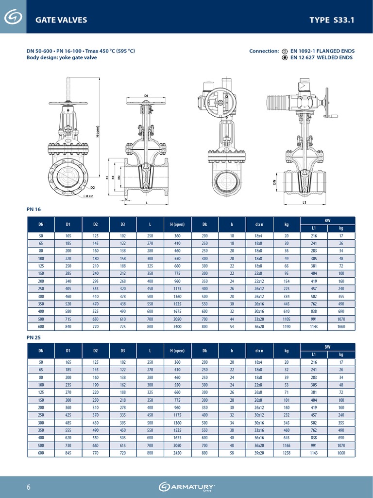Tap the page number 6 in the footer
click(28, 487)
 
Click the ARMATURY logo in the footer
click(187, 487)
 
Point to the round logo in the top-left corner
click(13, 18)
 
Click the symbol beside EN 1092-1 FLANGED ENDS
click(285, 51)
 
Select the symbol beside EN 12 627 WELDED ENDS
click(285, 57)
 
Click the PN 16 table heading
click(32, 210)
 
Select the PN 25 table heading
click(32, 336)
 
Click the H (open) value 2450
click(177, 453)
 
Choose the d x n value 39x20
click(259, 453)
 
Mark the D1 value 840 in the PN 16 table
click(68, 327)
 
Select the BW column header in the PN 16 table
click(327, 220)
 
